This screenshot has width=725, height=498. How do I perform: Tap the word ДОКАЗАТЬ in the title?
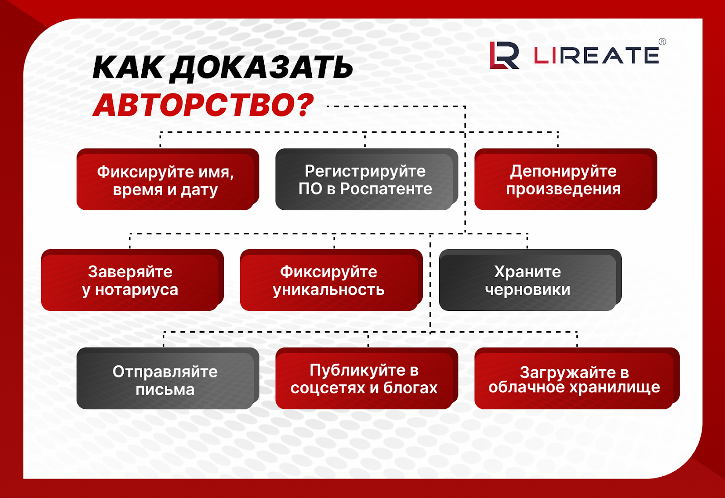[x=261, y=68]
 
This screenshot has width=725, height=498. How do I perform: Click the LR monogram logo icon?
[x=504, y=55]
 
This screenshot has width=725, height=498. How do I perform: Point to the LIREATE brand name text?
[x=596, y=55]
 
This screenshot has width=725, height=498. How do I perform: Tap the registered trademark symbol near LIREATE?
[x=662, y=41]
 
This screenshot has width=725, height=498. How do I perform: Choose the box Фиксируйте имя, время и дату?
[x=168, y=179]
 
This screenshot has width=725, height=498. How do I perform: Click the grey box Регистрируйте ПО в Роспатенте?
[x=367, y=179]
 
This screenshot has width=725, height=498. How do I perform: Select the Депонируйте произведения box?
[x=565, y=179]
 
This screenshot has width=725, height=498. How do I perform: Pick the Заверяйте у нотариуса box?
[x=132, y=280]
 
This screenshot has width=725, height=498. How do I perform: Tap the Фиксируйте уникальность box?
[x=331, y=280]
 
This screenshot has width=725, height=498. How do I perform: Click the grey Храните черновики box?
[x=530, y=280]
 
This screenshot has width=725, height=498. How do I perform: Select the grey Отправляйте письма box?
[x=168, y=378]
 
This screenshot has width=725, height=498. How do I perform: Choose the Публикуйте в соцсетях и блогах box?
[x=367, y=378]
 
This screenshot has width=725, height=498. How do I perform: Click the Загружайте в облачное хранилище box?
[x=577, y=378]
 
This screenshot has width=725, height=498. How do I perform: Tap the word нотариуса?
[x=136, y=290]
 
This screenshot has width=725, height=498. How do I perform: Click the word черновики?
[x=527, y=290]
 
